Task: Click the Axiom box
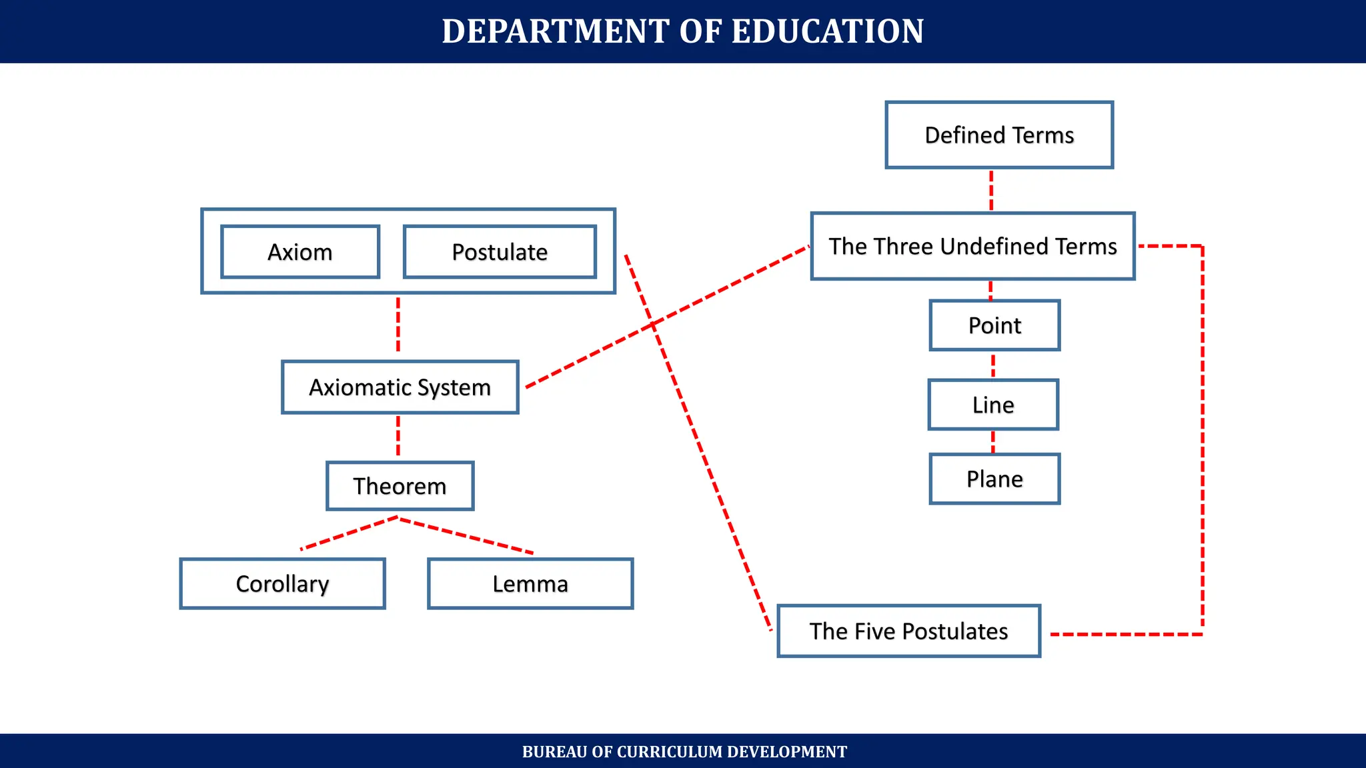click(x=300, y=252)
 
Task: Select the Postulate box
click(x=500, y=252)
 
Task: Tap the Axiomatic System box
click(x=400, y=387)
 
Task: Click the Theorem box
click(x=400, y=486)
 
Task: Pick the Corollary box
click(x=282, y=583)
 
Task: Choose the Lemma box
click(x=530, y=583)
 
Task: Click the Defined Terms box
click(x=999, y=135)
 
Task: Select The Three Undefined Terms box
click(x=972, y=246)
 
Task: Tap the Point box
click(x=994, y=325)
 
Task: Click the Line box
click(x=993, y=405)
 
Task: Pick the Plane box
click(x=994, y=479)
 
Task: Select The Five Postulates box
click(x=908, y=631)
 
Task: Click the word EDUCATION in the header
click(x=828, y=31)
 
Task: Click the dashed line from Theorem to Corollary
click(x=349, y=533)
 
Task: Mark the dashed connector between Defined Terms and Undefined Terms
click(x=991, y=190)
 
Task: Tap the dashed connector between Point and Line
click(x=993, y=365)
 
